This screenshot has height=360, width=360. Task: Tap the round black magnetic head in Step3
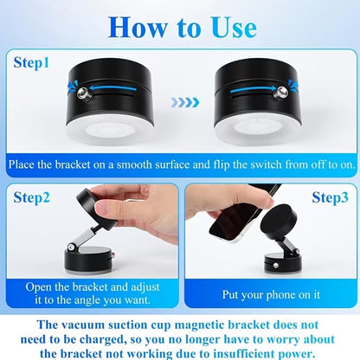tap(279, 227)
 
